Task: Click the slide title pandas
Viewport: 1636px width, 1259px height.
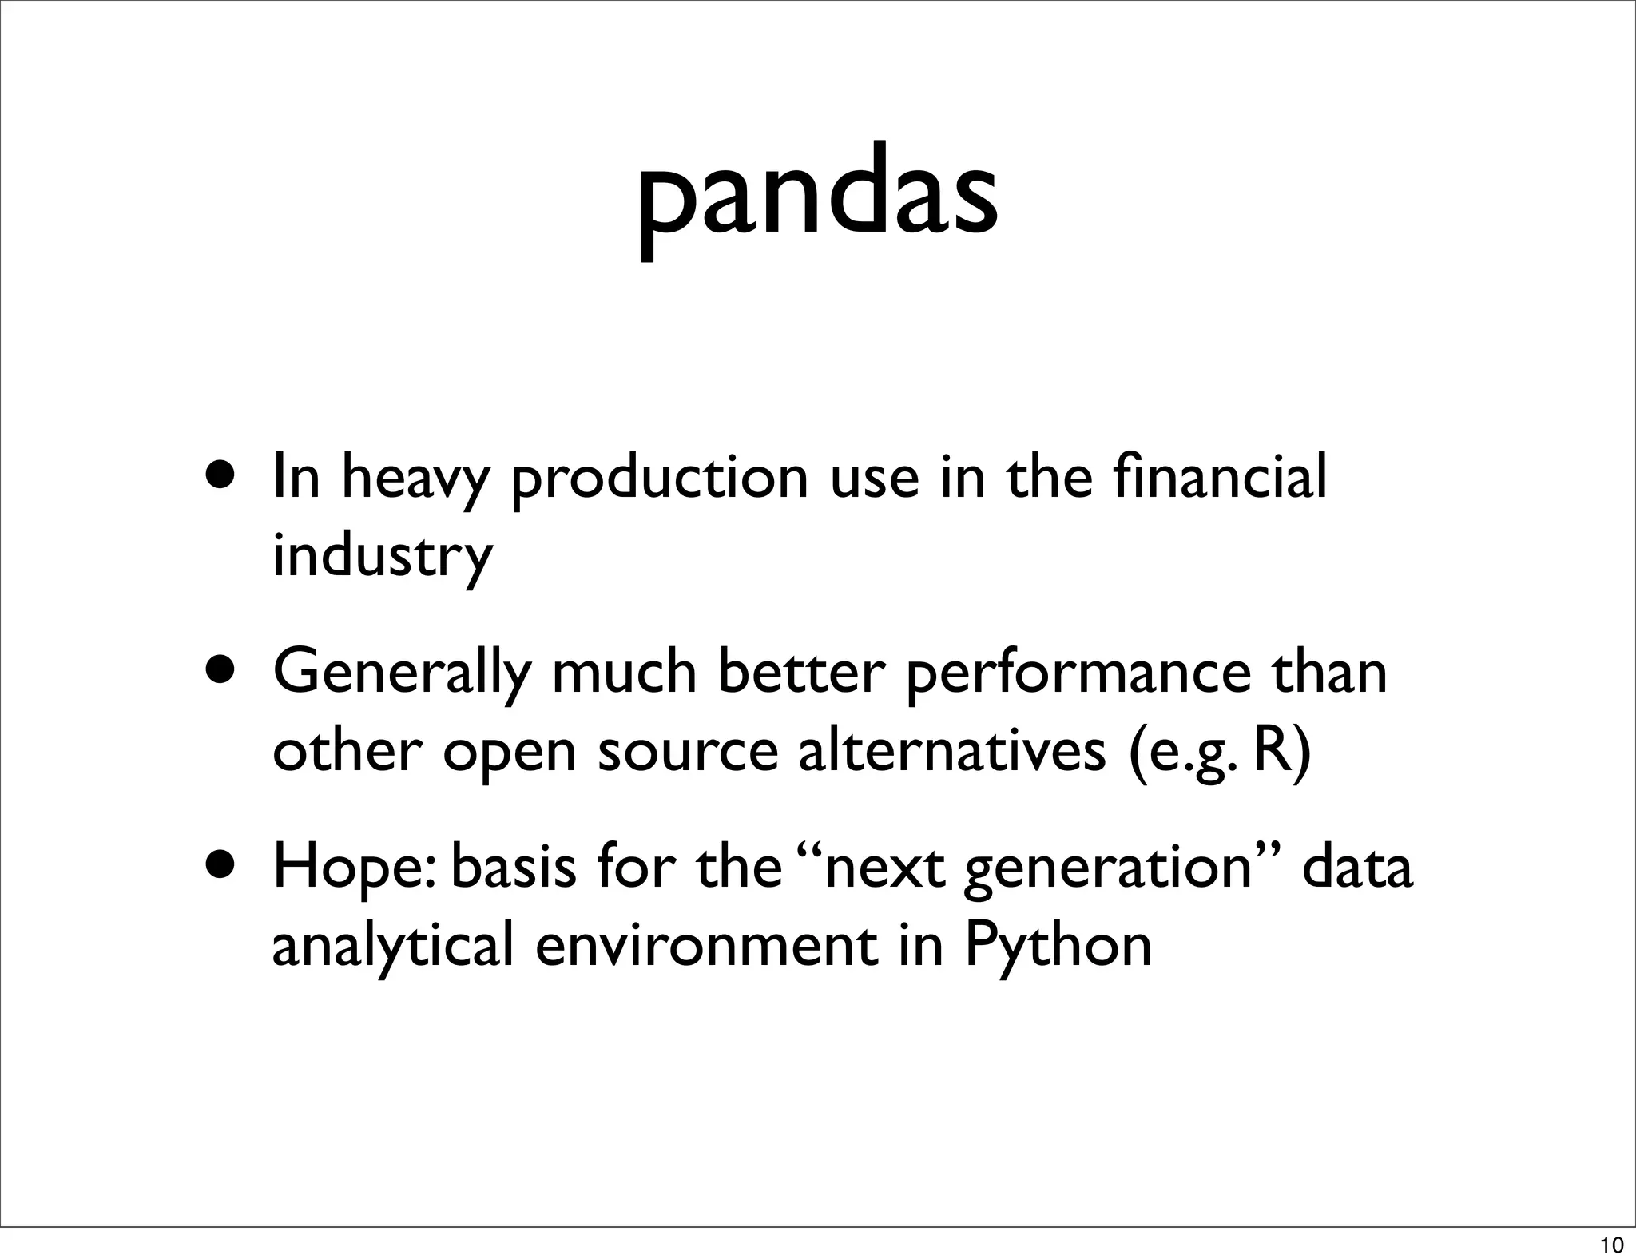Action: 817,197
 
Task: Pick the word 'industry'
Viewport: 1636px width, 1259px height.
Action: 382,555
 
